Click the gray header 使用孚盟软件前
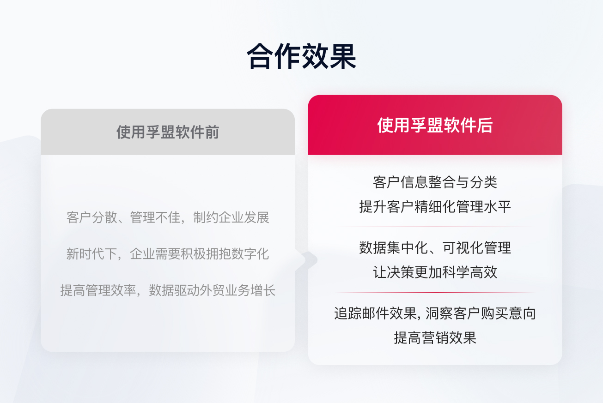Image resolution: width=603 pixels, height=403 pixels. click(168, 132)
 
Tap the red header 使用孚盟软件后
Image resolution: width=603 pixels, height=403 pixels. click(435, 126)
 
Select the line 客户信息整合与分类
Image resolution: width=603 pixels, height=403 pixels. click(435, 182)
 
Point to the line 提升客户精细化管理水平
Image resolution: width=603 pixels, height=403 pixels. click(435, 206)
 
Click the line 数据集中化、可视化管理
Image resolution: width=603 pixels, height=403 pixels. click(435, 247)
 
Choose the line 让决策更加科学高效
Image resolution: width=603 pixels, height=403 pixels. click(435, 272)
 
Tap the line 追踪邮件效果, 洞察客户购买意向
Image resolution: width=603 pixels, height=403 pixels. click(435, 313)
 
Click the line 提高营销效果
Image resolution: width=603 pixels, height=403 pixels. click(435, 338)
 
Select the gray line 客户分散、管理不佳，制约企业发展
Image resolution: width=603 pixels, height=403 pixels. click(168, 217)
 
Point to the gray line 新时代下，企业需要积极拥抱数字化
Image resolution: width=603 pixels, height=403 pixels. click(168, 254)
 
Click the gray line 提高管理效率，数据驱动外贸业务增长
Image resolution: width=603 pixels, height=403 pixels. click(168, 290)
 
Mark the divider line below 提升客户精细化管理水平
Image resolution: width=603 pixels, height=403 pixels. click(435, 227)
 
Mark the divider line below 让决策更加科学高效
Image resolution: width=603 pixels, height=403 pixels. click(435, 293)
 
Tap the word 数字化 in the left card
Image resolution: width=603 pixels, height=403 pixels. click(253, 254)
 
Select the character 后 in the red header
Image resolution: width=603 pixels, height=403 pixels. click(486, 126)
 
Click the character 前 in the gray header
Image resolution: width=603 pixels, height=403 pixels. click(212, 132)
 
